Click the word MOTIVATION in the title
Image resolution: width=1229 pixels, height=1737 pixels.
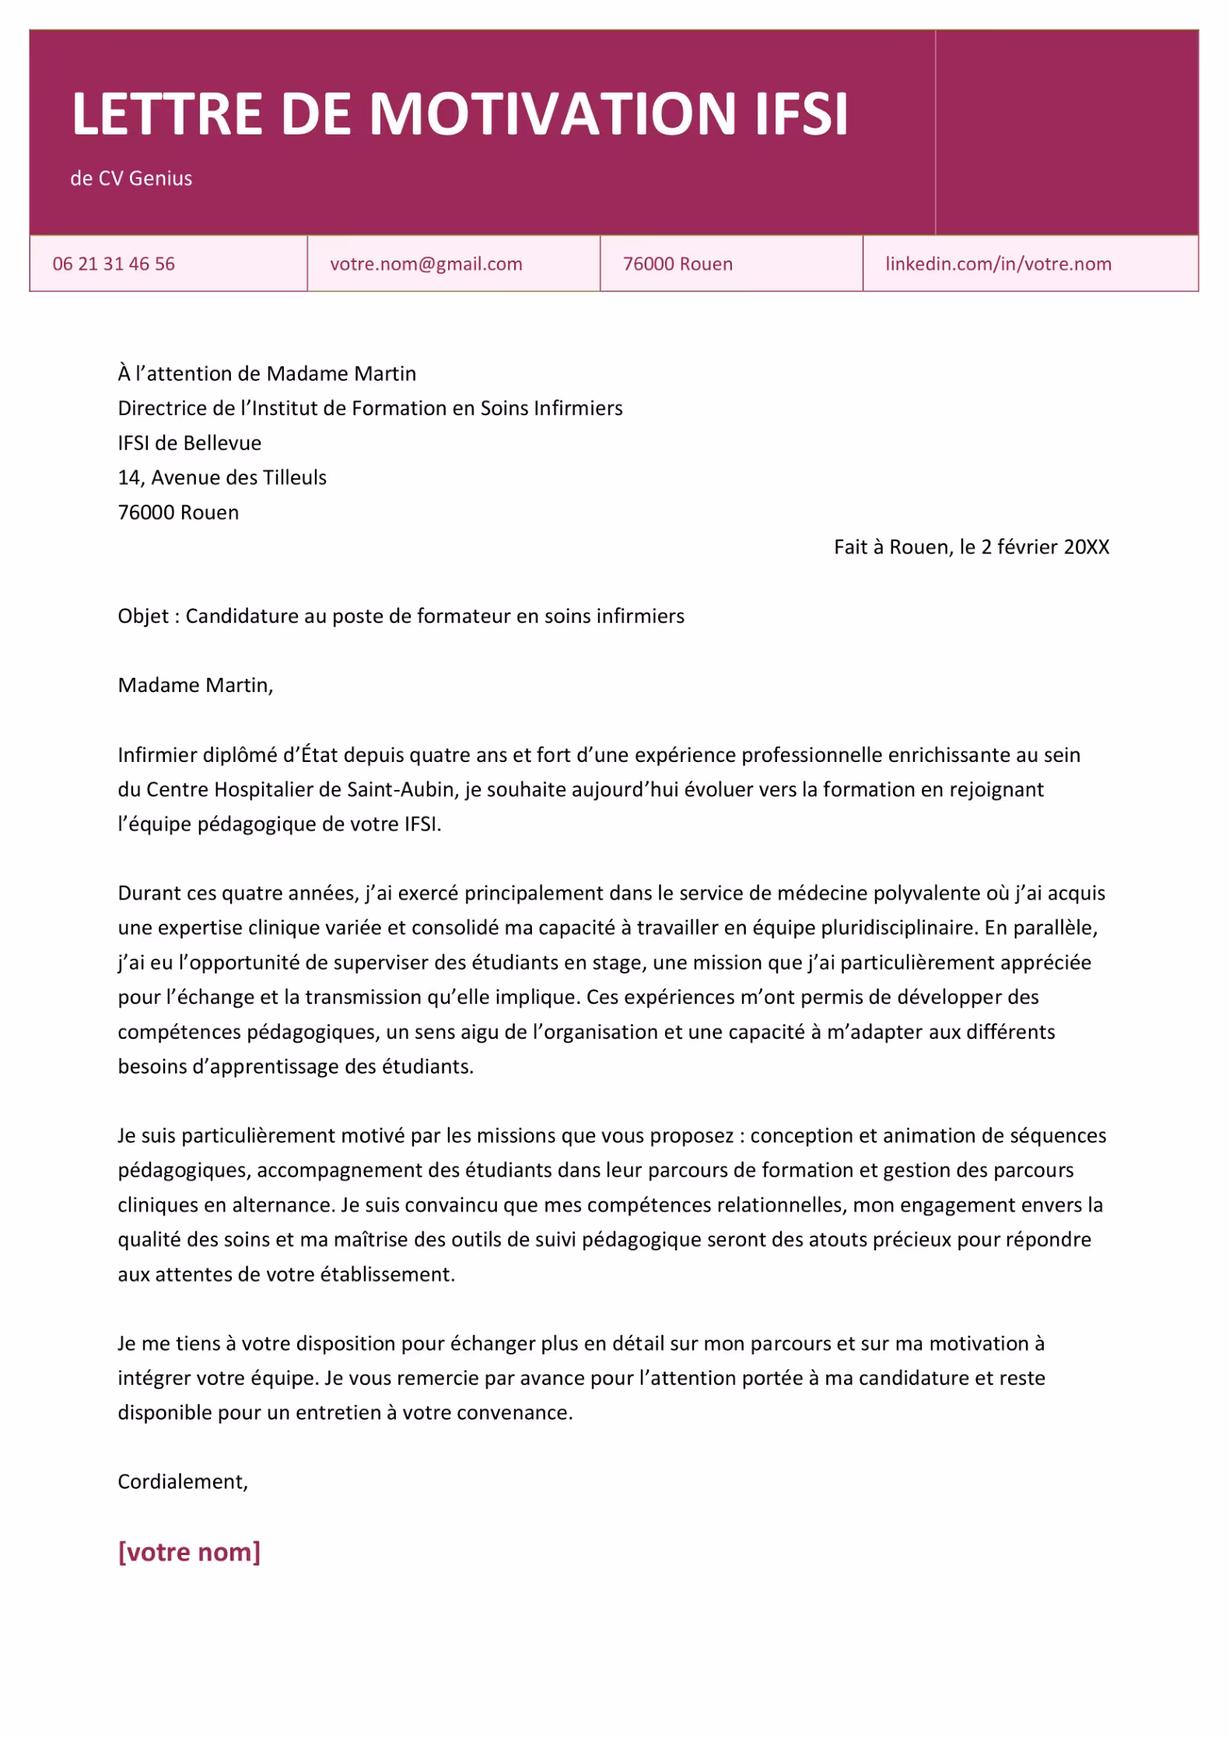click(551, 114)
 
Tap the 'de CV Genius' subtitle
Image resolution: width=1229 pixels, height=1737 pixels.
click(131, 178)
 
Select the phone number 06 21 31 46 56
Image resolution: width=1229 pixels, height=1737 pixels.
click(114, 264)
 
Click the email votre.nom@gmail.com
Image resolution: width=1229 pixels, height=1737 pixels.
click(425, 264)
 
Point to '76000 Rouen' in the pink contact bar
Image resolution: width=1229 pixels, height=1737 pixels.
click(678, 264)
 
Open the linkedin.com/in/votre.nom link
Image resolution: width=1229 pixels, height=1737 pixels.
click(998, 264)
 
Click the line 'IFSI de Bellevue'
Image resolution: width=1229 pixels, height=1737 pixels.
click(189, 443)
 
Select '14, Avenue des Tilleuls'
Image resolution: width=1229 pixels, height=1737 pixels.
click(222, 477)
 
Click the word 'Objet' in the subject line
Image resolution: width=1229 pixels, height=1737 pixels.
click(143, 616)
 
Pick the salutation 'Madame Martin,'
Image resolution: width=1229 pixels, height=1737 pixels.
click(195, 685)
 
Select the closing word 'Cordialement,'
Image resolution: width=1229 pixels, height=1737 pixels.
click(183, 1481)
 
